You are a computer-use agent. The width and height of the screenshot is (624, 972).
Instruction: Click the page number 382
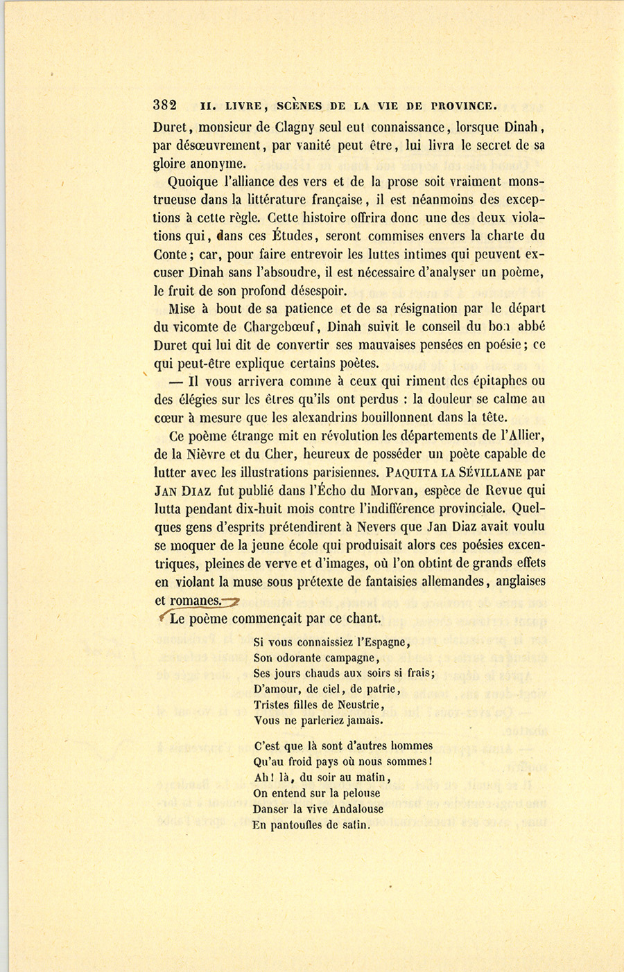165,105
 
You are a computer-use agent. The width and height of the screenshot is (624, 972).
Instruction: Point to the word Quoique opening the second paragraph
194,182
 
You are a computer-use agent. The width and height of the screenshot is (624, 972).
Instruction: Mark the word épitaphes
489,381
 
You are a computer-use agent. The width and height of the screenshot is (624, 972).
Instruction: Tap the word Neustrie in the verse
358,705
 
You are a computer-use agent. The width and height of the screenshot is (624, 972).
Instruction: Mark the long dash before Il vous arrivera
175,381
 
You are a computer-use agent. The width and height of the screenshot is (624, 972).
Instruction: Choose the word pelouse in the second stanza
356,793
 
